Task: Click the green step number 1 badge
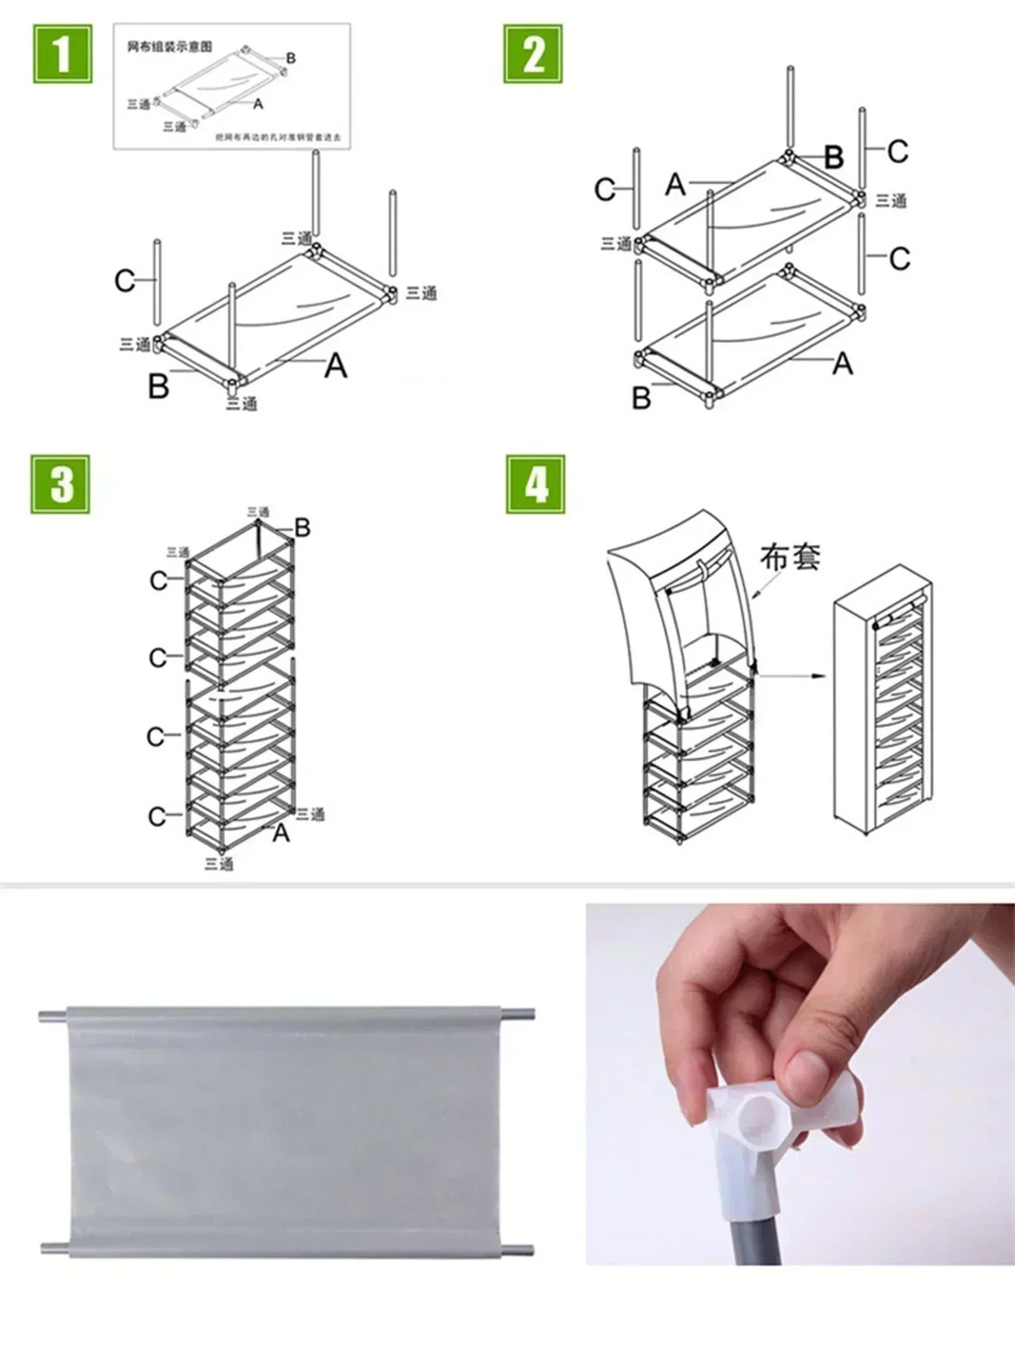[x=62, y=53]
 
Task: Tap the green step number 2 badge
[x=533, y=54]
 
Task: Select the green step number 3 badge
[x=61, y=484]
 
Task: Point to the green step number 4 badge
[x=536, y=484]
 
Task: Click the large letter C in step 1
[x=124, y=281]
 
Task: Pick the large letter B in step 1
[x=158, y=387]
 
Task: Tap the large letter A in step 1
[x=336, y=367]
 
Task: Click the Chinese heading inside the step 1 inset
[x=170, y=47]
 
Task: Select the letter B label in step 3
[x=302, y=528]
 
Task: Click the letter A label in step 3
[x=281, y=833]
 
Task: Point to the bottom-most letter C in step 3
[x=157, y=816]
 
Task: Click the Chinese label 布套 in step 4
[x=790, y=557]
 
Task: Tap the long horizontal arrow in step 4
[x=792, y=675]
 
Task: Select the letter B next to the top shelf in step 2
[x=833, y=158]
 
